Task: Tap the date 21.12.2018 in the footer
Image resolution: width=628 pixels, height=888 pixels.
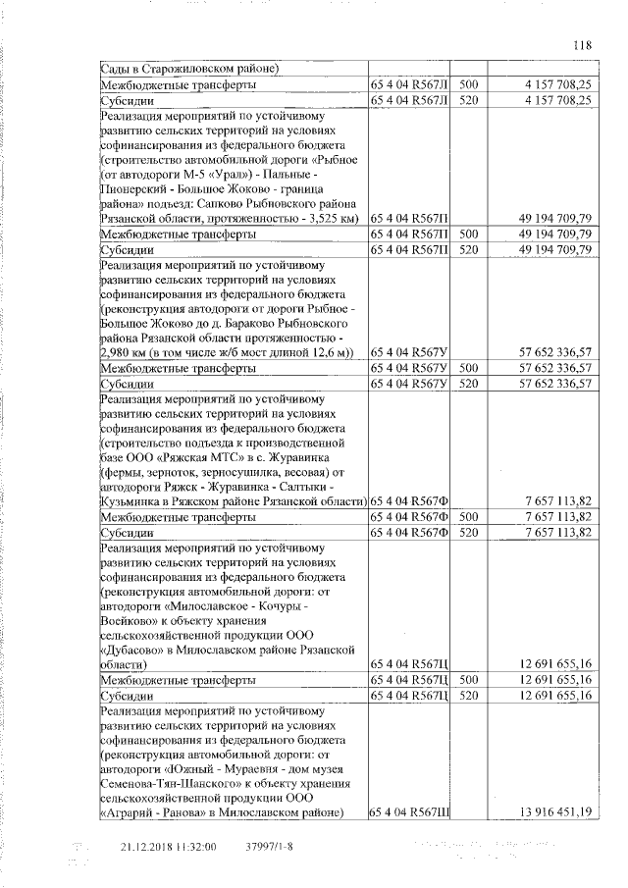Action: [145, 847]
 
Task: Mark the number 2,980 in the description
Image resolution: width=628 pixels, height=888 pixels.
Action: [122, 351]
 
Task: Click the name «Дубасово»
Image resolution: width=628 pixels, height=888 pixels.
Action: [139, 650]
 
